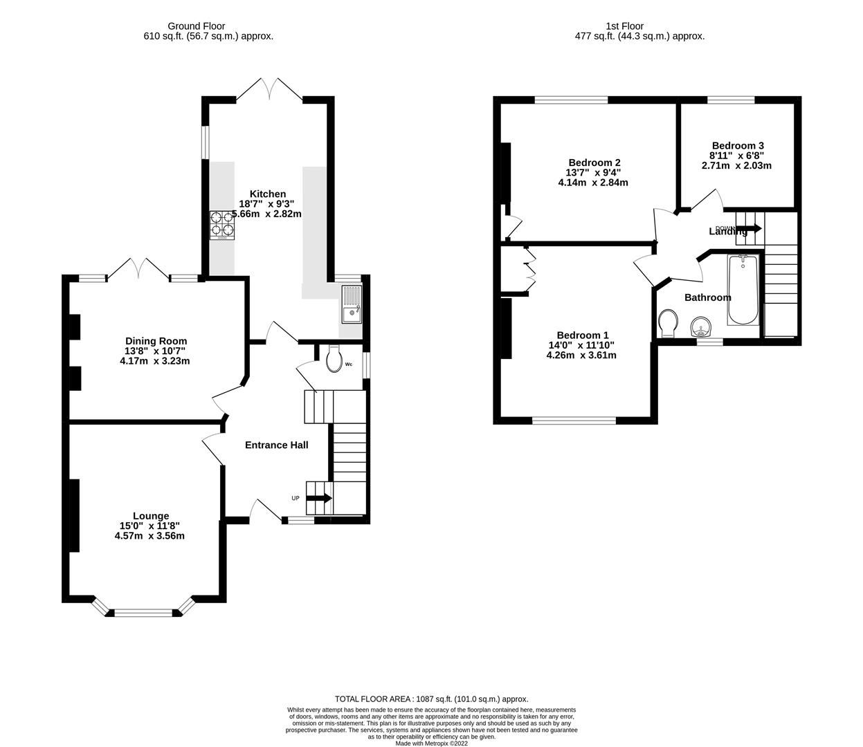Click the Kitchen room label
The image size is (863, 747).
pos(267,194)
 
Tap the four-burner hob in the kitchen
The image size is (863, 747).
pos(222,225)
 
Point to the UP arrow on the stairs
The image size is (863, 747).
pos(319,498)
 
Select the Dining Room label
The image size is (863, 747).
pos(156,341)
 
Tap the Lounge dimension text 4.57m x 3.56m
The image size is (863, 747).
pos(150,535)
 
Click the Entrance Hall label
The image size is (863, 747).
pos(276,445)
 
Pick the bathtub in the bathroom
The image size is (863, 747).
pos(743,290)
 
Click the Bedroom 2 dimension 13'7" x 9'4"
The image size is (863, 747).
pos(593,173)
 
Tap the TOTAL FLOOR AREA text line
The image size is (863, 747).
pos(431,699)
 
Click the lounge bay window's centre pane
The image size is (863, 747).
pos(143,612)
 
